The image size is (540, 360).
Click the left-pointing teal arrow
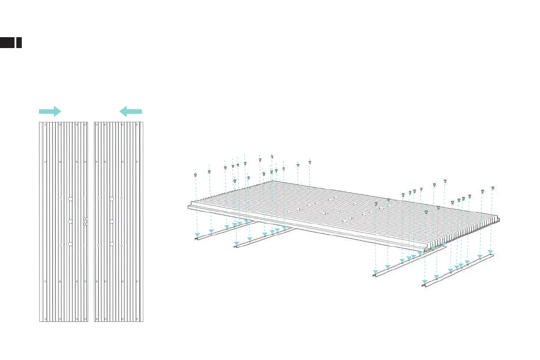tap(131, 111)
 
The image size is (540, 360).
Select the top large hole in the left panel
tap(71, 199)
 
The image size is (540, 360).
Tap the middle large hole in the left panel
tap(71, 221)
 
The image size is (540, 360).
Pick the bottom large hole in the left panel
tap(71, 244)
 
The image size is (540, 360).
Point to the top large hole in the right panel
tap(111, 199)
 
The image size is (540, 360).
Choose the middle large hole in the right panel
tap(111, 221)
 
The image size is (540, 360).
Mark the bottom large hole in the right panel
tap(111, 244)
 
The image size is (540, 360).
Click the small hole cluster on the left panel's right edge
tap(86, 221)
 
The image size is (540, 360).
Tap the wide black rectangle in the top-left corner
tap(7, 43)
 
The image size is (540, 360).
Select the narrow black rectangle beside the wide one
tap(19, 43)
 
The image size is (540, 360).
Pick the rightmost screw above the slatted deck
tap(492, 188)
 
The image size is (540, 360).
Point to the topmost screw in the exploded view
tap(272, 156)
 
